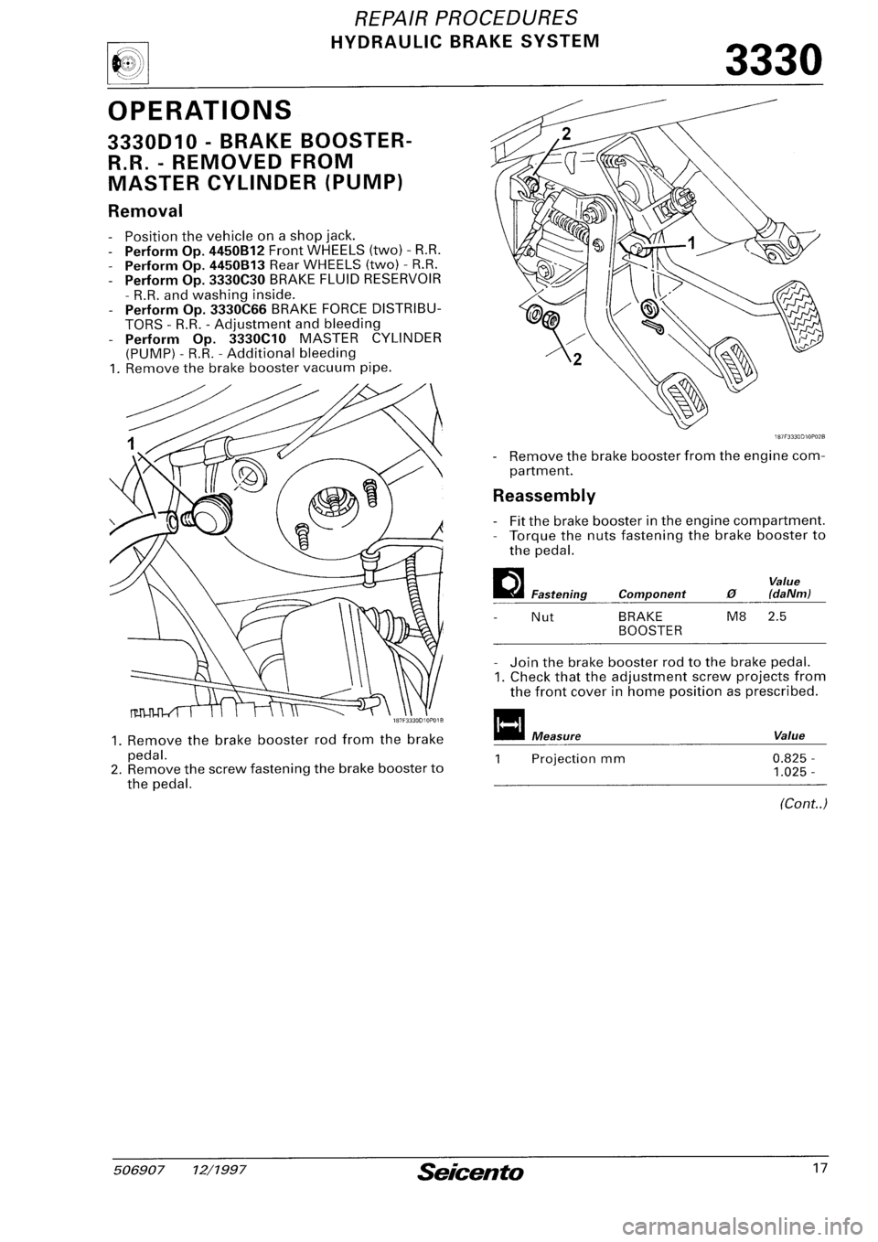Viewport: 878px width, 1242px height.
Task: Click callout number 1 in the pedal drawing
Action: tap(716, 244)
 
